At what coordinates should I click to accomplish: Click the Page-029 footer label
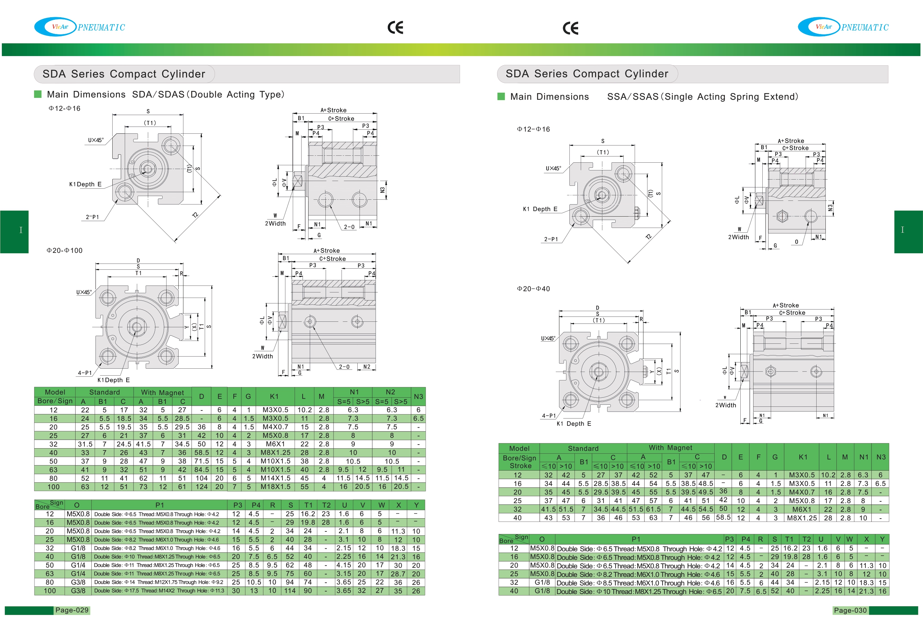72,610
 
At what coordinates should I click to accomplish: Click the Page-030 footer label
850,610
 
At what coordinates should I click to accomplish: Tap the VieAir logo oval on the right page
819,27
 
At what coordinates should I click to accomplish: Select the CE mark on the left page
395,27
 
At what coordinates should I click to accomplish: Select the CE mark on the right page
570,28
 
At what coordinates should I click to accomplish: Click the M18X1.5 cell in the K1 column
275,486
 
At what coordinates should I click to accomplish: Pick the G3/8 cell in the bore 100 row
78,590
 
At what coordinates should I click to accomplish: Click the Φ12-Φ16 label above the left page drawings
64,108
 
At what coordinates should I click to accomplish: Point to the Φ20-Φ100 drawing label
64,250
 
